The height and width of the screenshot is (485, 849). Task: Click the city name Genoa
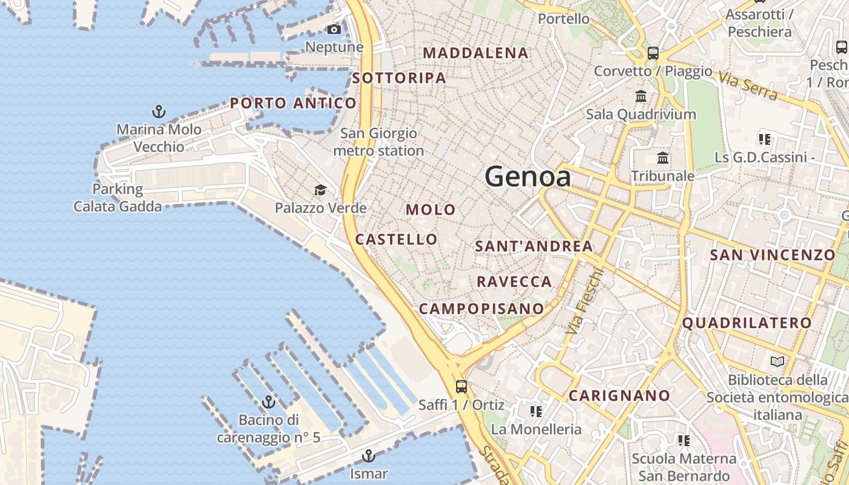coord(528,176)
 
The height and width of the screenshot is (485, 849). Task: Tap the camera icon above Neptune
coord(334,29)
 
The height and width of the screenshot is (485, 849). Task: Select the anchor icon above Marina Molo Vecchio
coord(159,112)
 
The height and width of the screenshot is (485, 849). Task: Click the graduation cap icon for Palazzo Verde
coord(320,190)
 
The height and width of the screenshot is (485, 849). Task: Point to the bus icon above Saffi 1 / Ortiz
coord(461,386)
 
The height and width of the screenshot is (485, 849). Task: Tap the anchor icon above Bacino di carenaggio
coord(268,402)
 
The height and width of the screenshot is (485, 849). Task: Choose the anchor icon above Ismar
coord(369,456)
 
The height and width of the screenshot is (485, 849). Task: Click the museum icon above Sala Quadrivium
coord(641,96)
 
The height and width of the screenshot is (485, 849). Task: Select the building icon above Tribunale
coord(663,158)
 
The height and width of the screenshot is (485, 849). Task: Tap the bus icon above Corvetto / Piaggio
coord(653,53)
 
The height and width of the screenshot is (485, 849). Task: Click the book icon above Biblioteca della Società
coord(777,362)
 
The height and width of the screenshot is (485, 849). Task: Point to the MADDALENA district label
coord(475,53)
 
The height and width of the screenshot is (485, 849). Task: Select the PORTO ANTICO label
coord(293,103)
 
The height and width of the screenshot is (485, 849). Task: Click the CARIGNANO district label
coord(619,396)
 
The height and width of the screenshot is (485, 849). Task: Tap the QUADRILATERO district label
coord(747,323)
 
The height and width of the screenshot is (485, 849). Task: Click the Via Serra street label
coord(747,85)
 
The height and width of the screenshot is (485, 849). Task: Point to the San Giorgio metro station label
coord(378,142)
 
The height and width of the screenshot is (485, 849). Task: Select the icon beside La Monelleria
coord(535,412)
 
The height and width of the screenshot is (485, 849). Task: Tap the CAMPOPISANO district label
coord(482,308)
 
